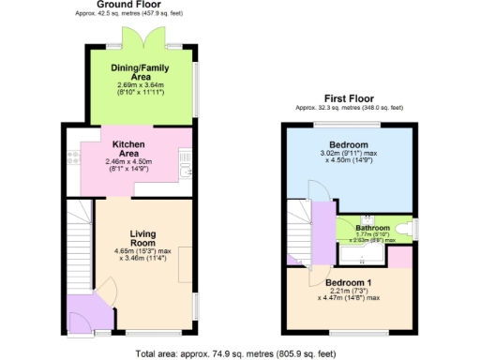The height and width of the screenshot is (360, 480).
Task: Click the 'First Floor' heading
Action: [x=349, y=97]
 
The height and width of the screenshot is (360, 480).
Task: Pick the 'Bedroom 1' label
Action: [x=350, y=282]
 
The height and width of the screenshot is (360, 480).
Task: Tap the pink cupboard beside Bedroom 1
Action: [x=399, y=256]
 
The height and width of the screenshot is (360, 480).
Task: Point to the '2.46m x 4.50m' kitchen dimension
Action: [x=127, y=161]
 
